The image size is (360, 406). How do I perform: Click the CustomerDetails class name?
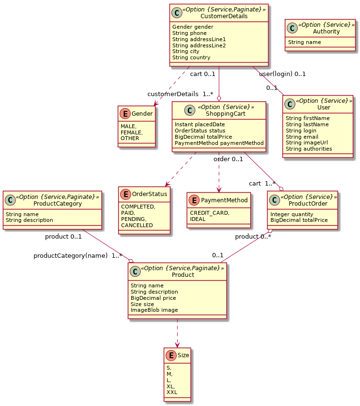(224, 16)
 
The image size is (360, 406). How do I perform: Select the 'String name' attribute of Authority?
(304, 42)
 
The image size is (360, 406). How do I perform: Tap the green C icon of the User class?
(290, 104)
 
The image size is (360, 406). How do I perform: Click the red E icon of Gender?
(125, 113)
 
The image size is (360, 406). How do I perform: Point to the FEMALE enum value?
(132, 132)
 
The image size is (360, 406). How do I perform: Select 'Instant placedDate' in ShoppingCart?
(200, 124)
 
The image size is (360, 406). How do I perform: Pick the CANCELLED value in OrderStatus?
(137, 225)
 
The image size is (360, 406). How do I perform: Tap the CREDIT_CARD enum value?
(210, 213)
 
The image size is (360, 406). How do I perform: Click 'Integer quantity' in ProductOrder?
(292, 214)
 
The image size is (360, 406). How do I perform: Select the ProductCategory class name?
(57, 204)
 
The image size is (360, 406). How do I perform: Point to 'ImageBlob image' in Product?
(154, 310)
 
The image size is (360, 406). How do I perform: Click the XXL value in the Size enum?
(172, 392)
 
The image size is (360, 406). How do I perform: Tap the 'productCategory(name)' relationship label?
(70, 255)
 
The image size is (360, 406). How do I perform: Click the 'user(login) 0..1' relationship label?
(282, 74)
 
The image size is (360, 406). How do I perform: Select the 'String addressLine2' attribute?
(199, 45)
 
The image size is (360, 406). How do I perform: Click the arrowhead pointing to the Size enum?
(177, 345)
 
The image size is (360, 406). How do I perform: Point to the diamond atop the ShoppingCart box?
(219, 99)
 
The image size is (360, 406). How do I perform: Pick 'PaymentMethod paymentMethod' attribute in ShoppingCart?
(219, 143)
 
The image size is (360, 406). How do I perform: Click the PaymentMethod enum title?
(224, 200)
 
